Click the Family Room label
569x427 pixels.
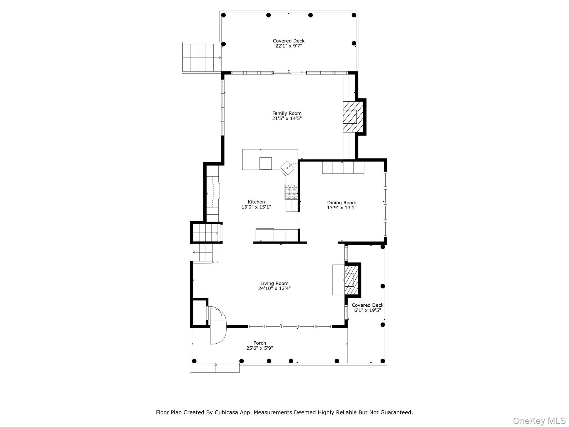[x=287, y=113]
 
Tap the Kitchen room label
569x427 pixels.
[x=256, y=202]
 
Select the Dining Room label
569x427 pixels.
[x=341, y=203]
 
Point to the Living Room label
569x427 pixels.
[x=274, y=284]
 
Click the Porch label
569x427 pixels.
[x=259, y=343]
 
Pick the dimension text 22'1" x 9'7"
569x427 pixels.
[x=288, y=46]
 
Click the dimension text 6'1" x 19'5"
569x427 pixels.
[x=367, y=310]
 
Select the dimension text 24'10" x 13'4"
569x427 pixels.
[x=274, y=289]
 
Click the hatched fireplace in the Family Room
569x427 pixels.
[x=353, y=116]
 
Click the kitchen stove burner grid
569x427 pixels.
[x=291, y=192]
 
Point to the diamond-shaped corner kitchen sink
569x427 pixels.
[x=287, y=168]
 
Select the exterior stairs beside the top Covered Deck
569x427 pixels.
[x=202, y=58]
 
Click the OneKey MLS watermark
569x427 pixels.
[x=539, y=421]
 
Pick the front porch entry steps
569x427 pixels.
[x=216, y=368]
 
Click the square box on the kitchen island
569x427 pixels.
[x=266, y=163]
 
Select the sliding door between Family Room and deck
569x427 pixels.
[x=290, y=73]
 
